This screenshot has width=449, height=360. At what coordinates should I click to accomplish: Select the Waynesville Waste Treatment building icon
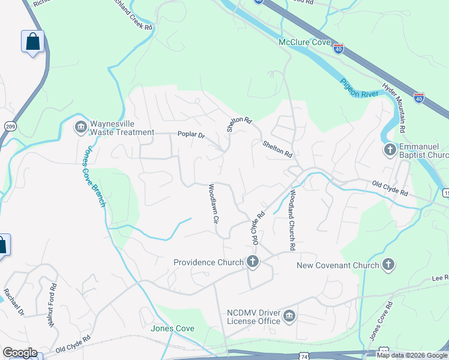coord(80,127)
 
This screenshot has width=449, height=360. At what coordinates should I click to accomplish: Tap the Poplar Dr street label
coord(191,134)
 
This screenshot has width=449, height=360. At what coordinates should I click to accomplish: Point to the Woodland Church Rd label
coord(292,220)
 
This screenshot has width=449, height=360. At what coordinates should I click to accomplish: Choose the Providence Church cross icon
coord(253,262)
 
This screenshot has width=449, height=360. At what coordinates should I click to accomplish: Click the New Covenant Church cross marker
coord(388,265)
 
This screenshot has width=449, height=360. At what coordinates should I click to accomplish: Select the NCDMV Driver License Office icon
coord(289,316)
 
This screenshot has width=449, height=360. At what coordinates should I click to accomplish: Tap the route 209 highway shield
coord(10,126)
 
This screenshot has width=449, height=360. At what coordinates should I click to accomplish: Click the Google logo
coord(20,353)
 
